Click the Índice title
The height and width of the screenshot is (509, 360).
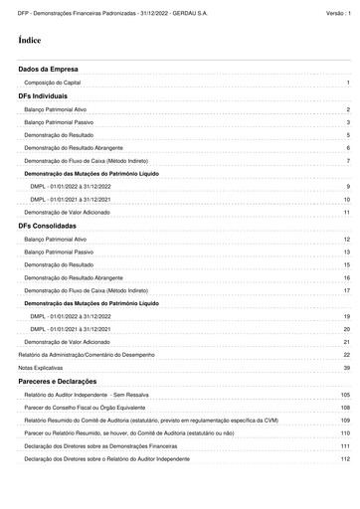pos(29,41)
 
